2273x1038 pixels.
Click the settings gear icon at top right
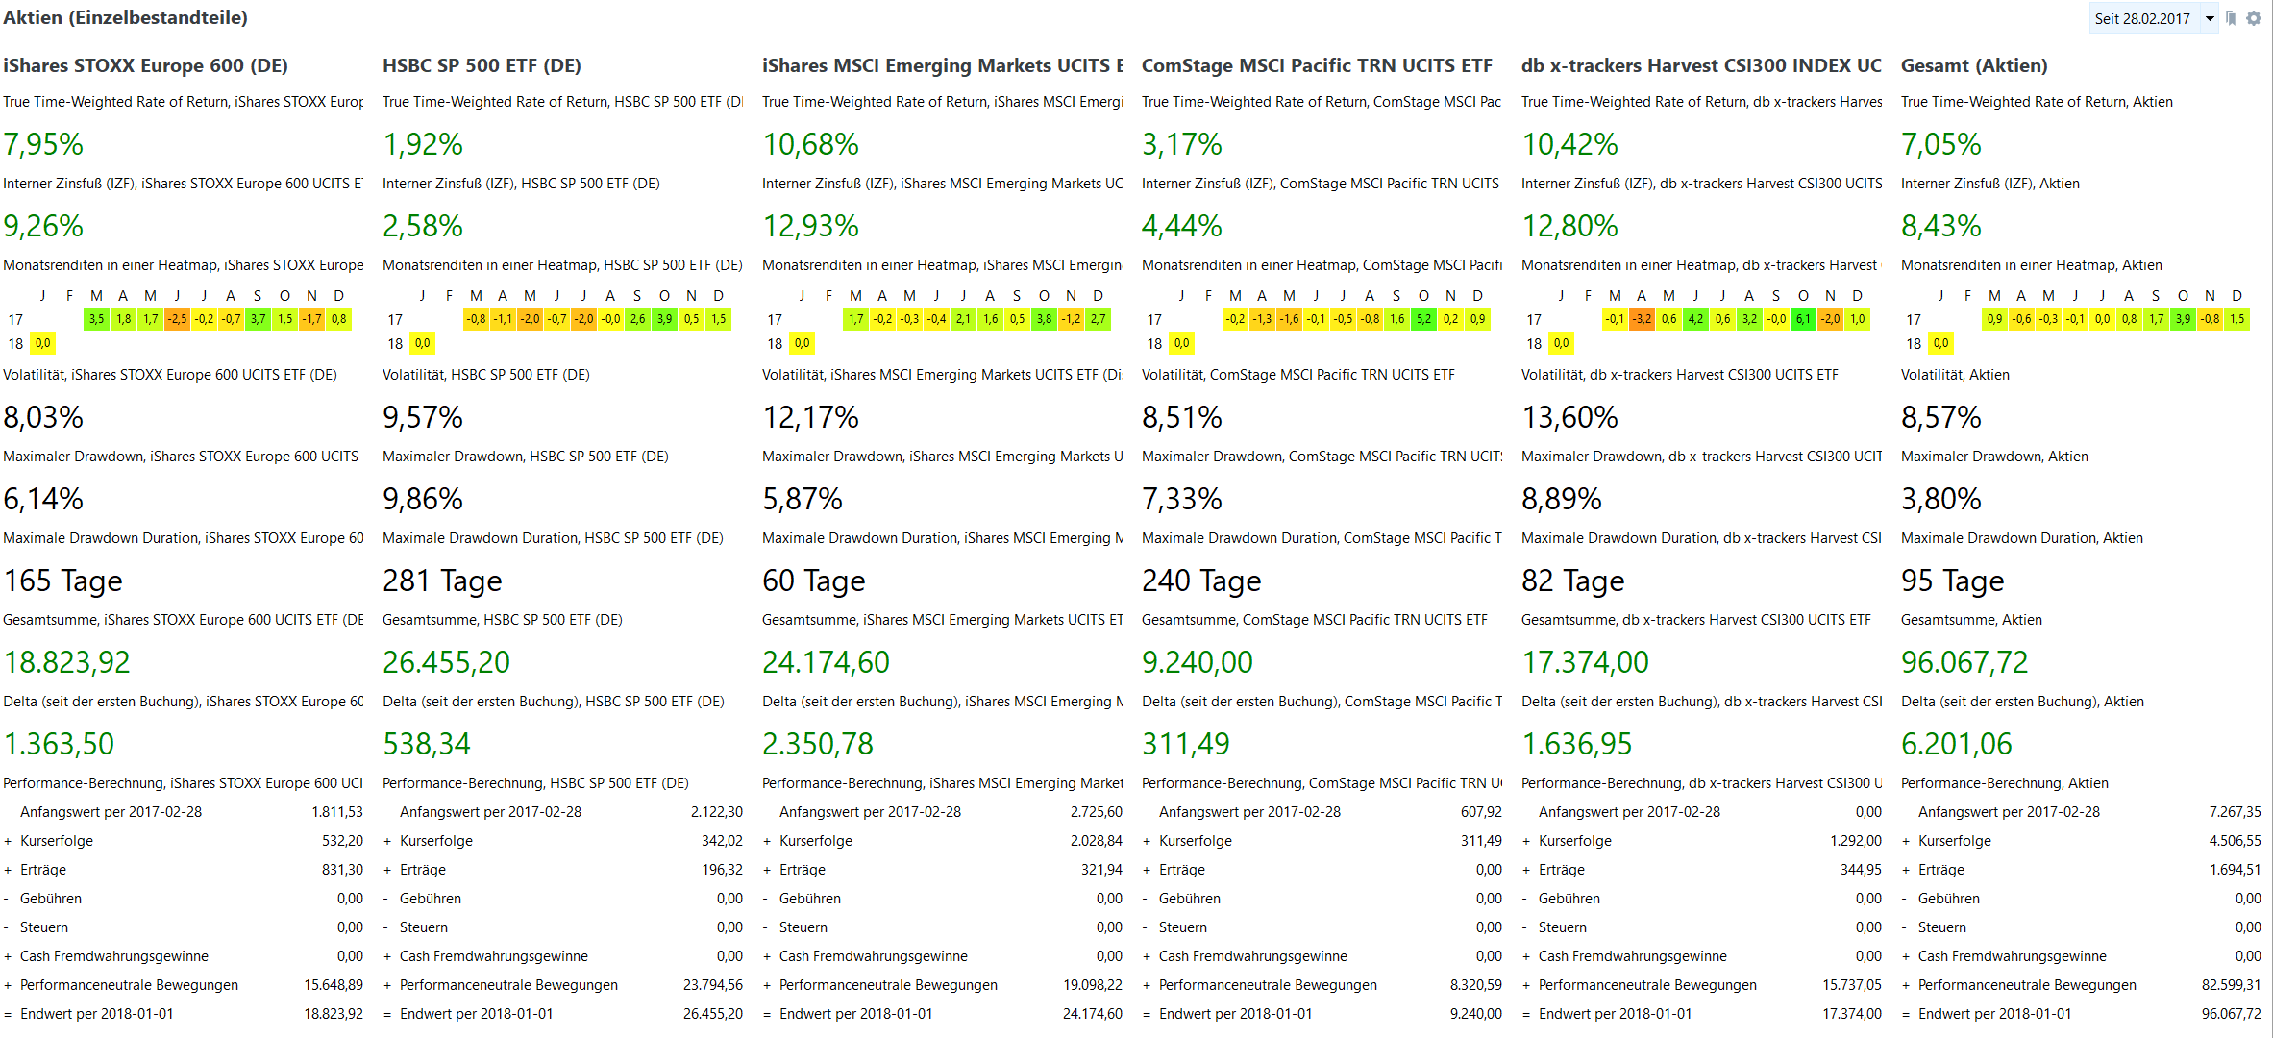pyautogui.click(x=2253, y=18)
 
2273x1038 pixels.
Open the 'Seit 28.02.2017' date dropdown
pyautogui.click(x=2154, y=19)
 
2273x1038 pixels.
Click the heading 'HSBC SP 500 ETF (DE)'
pyautogui.click(x=482, y=65)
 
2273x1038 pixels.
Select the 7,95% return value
pyautogui.click(x=43, y=144)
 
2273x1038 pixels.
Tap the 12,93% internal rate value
pyautogui.click(x=810, y=226)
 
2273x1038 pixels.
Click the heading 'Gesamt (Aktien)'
pyautogui.click(x=1974, y=65)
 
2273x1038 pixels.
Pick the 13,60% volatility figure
pyautogui.click(x=1569, y=417)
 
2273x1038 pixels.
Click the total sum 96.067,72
pyautogui.click(x=1964, y=662)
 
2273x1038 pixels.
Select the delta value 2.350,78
pyautogui.click(x=817, y=744)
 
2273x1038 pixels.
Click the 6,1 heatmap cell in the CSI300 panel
pyautogui.click(x=1803, y=319)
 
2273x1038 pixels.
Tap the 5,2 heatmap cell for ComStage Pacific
pyautogui.click(x=1423, y=319)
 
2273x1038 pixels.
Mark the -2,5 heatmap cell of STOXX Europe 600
pyautogui.click(x=178, y=319)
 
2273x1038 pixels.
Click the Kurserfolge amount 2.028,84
pyautogui.click(x=1096, y=841)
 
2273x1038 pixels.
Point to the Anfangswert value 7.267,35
pyautogui.click(x=2235, y=812)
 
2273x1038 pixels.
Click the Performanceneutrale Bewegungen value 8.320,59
pyautogui.click(x=1475, y=985)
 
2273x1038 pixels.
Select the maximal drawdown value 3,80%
pyautogui.click(x=1940, y=499)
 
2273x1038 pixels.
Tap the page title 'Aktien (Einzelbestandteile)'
pyautogui.click(x=125, y=17)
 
